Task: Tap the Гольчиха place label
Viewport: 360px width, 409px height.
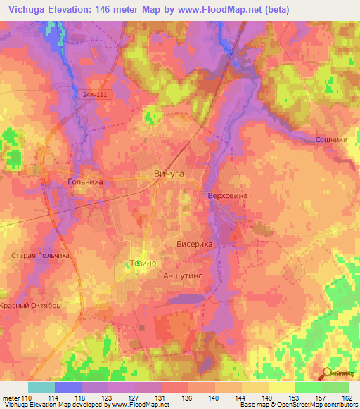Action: click(85, 181)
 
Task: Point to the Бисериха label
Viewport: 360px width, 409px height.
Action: click(193, 243)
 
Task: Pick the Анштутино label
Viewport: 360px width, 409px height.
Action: click(183, 276)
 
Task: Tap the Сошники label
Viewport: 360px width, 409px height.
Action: click(330, 140)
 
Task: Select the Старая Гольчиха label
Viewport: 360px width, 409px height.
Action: click(39, 256)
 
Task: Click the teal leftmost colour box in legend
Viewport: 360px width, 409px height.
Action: click(41, 387)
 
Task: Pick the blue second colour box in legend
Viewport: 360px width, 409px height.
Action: click(68, 387)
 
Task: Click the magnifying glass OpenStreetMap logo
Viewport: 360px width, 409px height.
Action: click(328, 374)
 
